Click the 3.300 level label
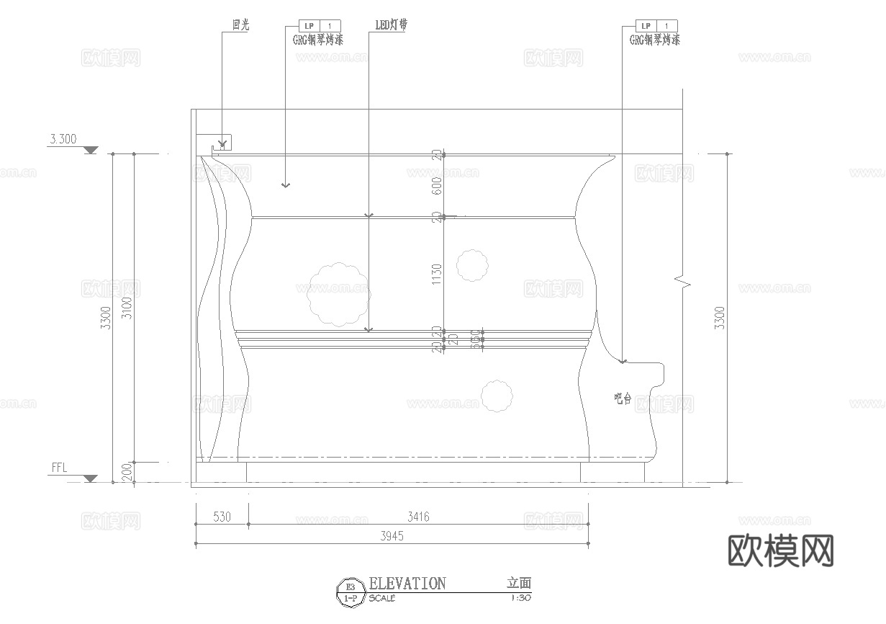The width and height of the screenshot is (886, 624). point(63,140)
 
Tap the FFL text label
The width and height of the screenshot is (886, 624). point(59,468)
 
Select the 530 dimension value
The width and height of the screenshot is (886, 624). point(222,517)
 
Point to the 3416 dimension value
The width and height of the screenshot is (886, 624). point(418,517)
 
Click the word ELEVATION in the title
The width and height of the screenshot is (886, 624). point(407,584)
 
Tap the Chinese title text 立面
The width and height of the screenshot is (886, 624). point(518,584)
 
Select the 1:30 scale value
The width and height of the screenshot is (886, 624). point(520,598)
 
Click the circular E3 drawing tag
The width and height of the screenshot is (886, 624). point(351,592)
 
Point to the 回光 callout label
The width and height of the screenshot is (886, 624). point(240,25)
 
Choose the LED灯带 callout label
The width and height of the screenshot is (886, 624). point(392,25)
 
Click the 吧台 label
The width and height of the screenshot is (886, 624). point(623,398)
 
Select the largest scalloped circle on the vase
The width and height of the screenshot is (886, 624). point(338,294)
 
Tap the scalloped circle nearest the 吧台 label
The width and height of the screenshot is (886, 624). point(497,396)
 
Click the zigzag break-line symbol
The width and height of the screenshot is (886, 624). point(682,281)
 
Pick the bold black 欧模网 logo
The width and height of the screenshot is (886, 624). point(781,551)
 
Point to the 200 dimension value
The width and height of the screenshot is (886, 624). point(127,472)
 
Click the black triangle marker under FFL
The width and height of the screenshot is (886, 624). point(90,478)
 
